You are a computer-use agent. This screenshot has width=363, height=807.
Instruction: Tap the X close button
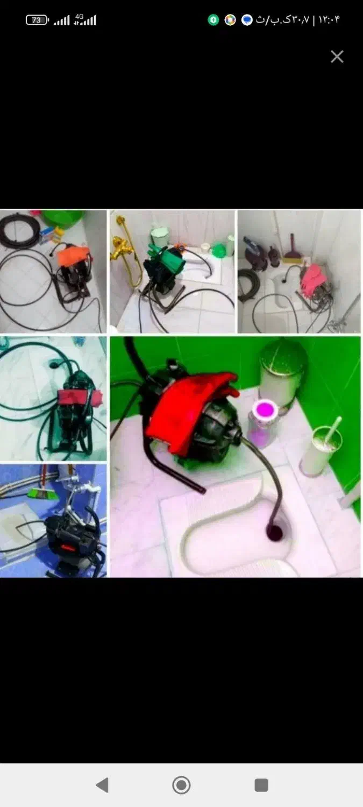click(x=337, y=56)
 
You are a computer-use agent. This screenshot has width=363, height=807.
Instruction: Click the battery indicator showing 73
click(x=37, y=20)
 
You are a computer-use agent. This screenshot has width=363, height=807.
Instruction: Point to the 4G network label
click(x=79, y=16)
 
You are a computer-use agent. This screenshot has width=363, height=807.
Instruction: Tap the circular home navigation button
click(x=181, y=784)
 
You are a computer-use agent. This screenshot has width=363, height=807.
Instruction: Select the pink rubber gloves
click(x=312, y=280)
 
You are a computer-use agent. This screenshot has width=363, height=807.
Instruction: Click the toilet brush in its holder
click(x=321, y=447)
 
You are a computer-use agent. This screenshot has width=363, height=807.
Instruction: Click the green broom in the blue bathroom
click(x=42, y=493)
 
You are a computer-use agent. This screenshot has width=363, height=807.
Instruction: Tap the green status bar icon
click(x=213, y=20)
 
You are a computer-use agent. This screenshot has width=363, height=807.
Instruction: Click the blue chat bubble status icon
click(x=247, y=20)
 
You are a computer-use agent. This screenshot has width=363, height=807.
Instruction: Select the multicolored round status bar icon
click(x=230, y=20)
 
